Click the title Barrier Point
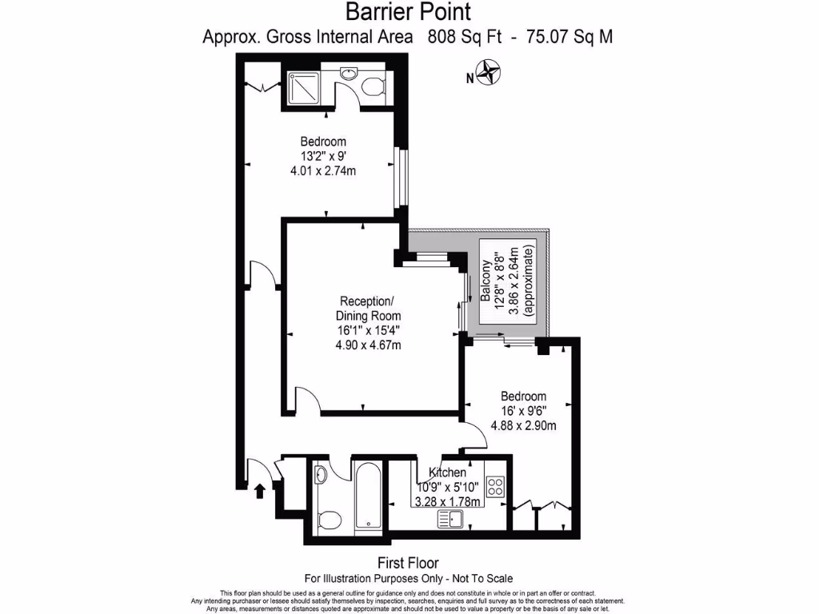(x=408, y=12)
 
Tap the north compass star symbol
(x=489, y=74)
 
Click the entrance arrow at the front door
(x=259, y=490)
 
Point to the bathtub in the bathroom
(x=367, y=496)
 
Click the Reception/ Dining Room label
(x=367, y=309)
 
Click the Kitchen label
(x=447, y=472)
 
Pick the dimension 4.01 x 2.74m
(x=330, y=170)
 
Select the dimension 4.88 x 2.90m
(x=523, y=425)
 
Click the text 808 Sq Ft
(x=462, y=37)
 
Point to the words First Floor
(x=408, y=563)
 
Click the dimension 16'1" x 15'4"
(x=367, y=330)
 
